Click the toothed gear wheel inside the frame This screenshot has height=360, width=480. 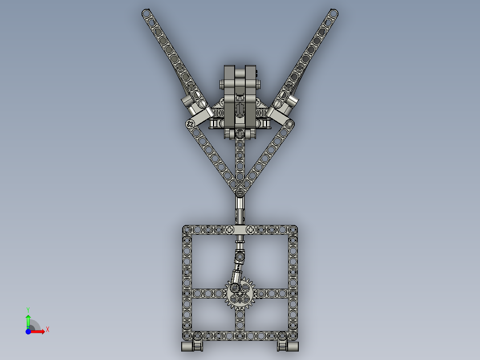click(x=240, y=294)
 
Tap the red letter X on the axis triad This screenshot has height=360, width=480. click(x=48, y=330)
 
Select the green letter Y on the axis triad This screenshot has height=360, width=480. click(x=28, y=310)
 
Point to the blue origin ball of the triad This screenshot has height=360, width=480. click(x=28, y=331)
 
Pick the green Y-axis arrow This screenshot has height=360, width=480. click(x=28, y=322)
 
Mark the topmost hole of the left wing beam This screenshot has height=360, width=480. click(x=146, y=13)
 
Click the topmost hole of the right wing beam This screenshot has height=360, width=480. click(x=334, y=13)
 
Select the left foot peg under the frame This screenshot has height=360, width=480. click(x=192, y=346)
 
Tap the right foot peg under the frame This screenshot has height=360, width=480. click(x=288, y=346)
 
